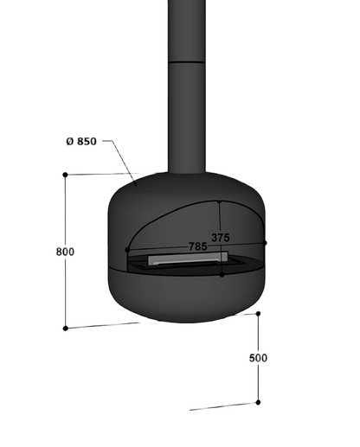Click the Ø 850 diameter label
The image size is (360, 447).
coord(81,142)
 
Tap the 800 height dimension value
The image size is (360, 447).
coord(65,252)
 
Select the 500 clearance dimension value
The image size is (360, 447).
coord(258,358)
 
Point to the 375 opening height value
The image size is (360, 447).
coord(221,238)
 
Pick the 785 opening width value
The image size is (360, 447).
coord(198,246)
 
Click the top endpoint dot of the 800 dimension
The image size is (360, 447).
coord(65,175)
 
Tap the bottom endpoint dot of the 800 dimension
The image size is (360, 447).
coord(66,329)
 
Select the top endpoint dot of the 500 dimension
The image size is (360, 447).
coord(258,314)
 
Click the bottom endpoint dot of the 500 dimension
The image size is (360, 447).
coord(258,402)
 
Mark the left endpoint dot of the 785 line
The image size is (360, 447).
coord(127,250)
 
